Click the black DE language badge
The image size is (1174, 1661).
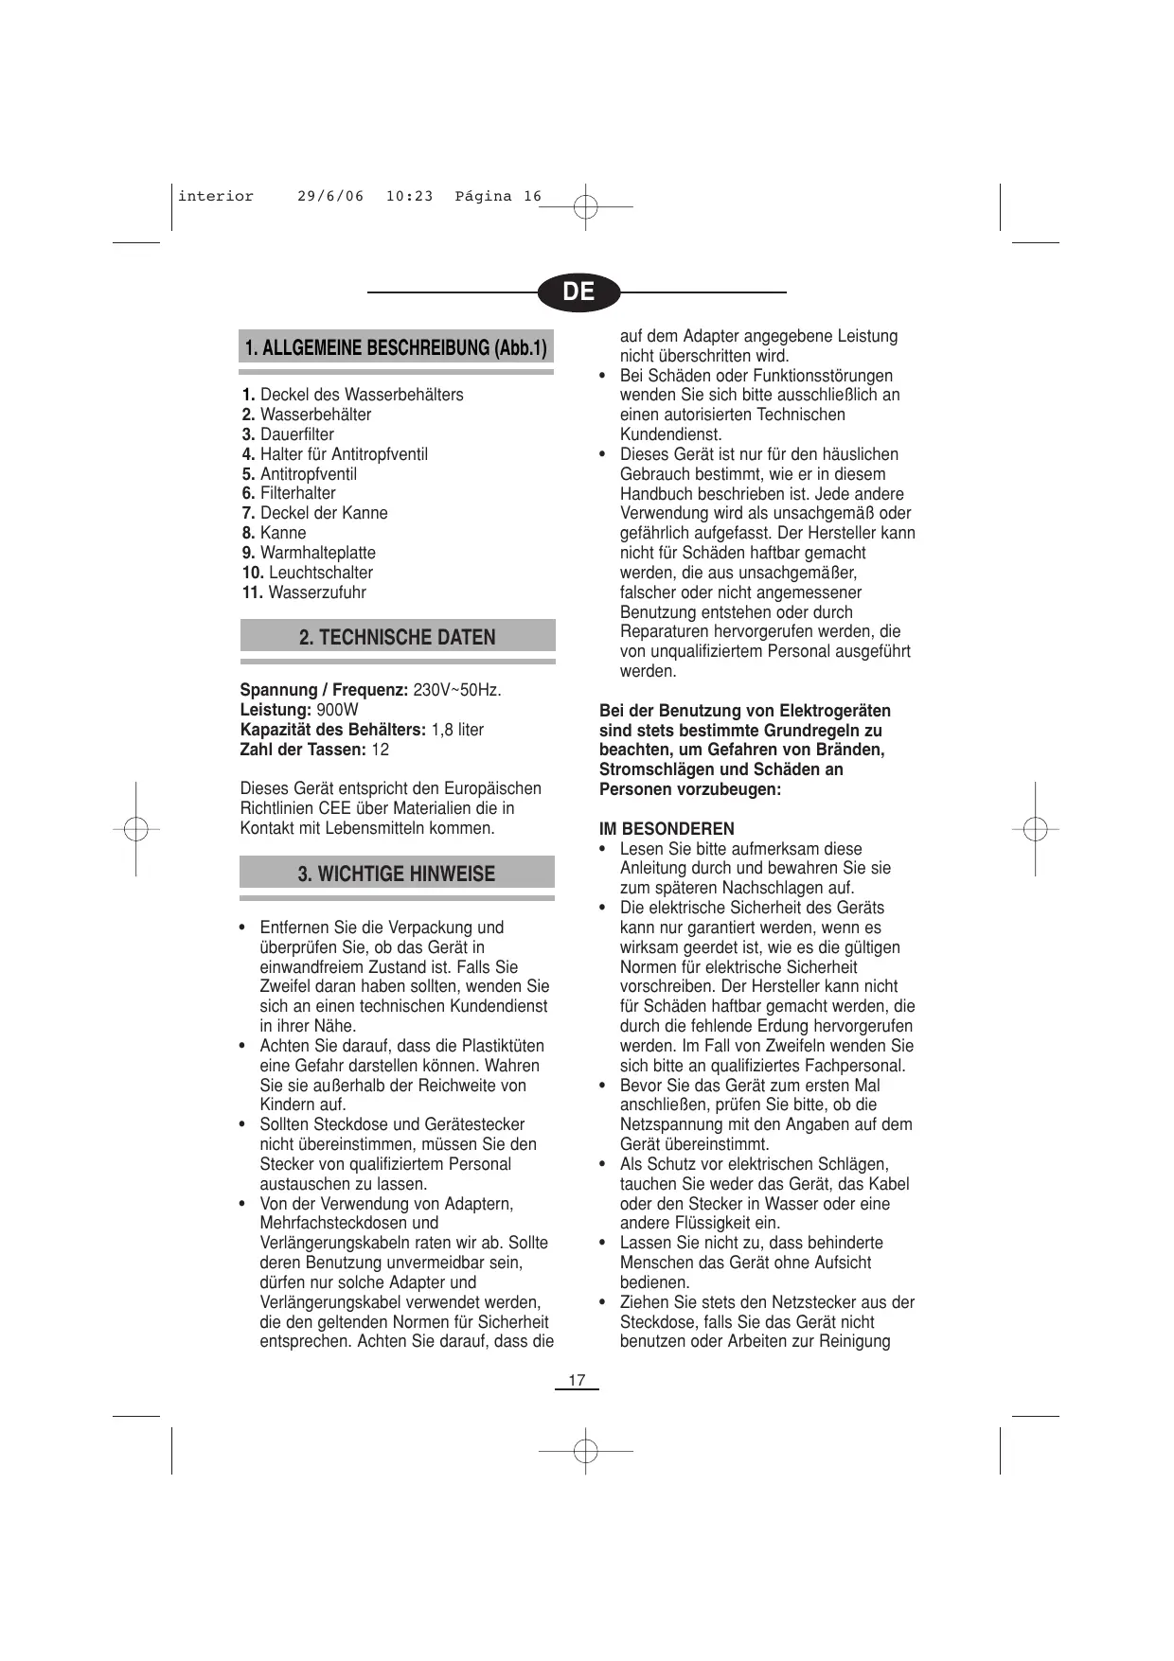pyautogui.click(x=578, y=292)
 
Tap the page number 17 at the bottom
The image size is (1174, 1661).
pyautogui.click(x=577, y=1381)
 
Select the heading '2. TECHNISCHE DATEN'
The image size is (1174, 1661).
pyautogui.click(x=398, y=637)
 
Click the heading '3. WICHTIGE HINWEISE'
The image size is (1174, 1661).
pyautogui.click(x=397, y=874)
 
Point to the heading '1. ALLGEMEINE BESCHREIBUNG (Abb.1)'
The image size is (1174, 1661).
pyautogui.click(x=396, y=347)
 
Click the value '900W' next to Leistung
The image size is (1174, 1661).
pyautogui.click(x=337, y=710)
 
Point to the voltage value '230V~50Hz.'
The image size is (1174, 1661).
pyautogui.click(x=457, y=690)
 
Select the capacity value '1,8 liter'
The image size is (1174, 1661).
pyautogui.click(x=457, y=730)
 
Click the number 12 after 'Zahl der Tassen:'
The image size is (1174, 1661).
pyautogui.click(x=380, y=750)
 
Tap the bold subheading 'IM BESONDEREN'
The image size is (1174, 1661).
pyautogui.click(x=667, y=829)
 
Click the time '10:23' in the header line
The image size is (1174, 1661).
pyautogui.click(x=409, y=197)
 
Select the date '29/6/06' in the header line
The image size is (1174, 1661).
pyautogui.click(x=330, y=197)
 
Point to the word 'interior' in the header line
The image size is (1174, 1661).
pyautogui.click(x=216, y=197)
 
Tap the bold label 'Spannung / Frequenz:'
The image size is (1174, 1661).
pyautogui.click(x=324, y=690)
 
